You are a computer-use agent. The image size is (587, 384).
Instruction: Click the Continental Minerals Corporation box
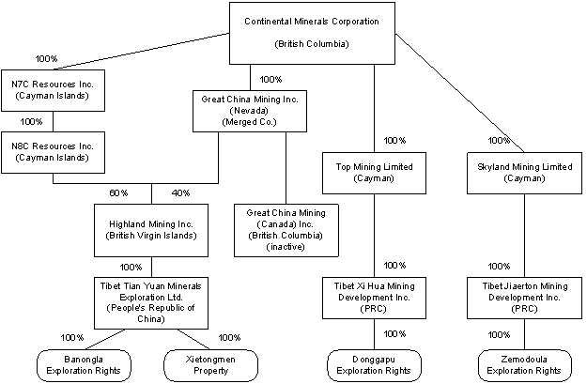click(x=312, y=33)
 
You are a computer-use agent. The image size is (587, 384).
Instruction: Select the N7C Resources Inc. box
click(x=53, y=90)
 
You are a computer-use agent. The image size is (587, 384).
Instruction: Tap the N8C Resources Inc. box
click(x=53, y=152)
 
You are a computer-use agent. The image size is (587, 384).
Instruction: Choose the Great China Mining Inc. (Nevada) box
click(x=250, y=111)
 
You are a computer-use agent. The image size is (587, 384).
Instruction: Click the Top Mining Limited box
click(x=374, y=173)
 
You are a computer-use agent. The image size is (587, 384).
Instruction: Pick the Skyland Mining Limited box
click(x=524, y=173)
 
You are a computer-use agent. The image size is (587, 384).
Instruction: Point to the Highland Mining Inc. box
click(x=151, y=230)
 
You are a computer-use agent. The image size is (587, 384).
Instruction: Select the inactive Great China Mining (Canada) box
click(x=286, y=230)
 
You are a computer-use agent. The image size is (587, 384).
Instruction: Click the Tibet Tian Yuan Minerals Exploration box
click(x=151, y=303)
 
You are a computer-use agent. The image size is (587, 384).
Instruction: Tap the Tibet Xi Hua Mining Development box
click(x=374, y=298)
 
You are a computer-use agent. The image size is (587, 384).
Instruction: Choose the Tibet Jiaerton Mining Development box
click(x=524, y=298)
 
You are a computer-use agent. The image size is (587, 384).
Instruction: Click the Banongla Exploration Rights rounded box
click(x=84, y=365)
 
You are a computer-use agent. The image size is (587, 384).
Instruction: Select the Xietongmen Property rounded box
click(x=210, y=365)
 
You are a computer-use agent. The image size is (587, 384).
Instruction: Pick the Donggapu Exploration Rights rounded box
click(x=374, y=365)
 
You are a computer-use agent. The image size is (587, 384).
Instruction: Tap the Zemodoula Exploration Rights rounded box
click(x=524, y=365)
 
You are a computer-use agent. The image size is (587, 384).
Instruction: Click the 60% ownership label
click(x=118, y=193)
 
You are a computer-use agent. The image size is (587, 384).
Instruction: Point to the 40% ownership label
click(x=181, y=193)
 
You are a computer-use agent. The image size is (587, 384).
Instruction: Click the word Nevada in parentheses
click(x=249, y=111)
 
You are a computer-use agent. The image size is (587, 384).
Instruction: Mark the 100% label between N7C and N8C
click(x=31, y=122)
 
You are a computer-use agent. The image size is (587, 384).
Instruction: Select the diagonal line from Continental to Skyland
click(x=459, y=93)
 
